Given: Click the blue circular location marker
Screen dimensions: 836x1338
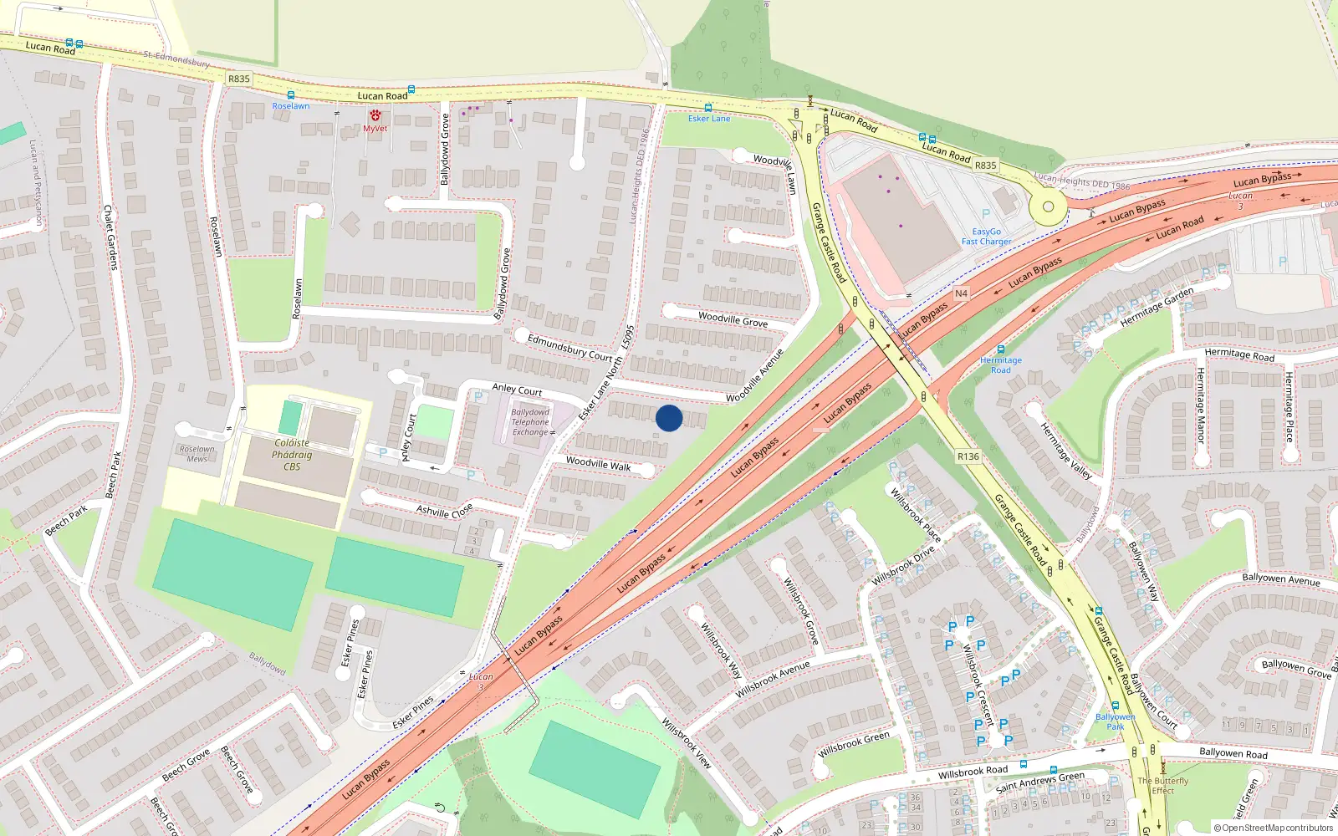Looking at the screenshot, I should point(669,418).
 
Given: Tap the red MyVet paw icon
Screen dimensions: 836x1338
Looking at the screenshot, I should point(375,116).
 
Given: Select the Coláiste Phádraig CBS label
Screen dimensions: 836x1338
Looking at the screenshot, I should point(291,455).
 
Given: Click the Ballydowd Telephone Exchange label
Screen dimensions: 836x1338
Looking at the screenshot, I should point(530,422).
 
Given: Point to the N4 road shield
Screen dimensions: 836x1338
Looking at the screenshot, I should point(961,293).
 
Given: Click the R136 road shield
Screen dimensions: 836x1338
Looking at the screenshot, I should point(968,456).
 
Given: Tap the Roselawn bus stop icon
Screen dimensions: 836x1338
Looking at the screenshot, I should point(290,96).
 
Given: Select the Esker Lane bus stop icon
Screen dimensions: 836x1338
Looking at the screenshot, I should point(708,108).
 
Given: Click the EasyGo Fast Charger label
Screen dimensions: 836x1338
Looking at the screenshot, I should point(986,237).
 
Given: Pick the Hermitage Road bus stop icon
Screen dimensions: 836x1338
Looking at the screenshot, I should point(1001,349).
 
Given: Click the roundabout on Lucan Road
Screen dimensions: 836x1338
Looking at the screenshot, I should point(1047,206).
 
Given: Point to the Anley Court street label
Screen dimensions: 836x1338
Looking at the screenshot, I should point(517,390).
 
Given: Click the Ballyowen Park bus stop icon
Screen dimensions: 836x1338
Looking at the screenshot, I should point(1115,706).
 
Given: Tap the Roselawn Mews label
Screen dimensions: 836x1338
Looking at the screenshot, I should point(197,454).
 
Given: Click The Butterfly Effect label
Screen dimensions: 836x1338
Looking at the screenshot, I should point(1162,786).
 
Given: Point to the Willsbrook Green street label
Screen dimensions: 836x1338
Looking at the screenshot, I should point(854,742).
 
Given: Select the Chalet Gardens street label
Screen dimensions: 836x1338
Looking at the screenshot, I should point(109,237).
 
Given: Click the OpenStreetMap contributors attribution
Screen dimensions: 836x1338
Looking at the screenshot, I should point(1273,828).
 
